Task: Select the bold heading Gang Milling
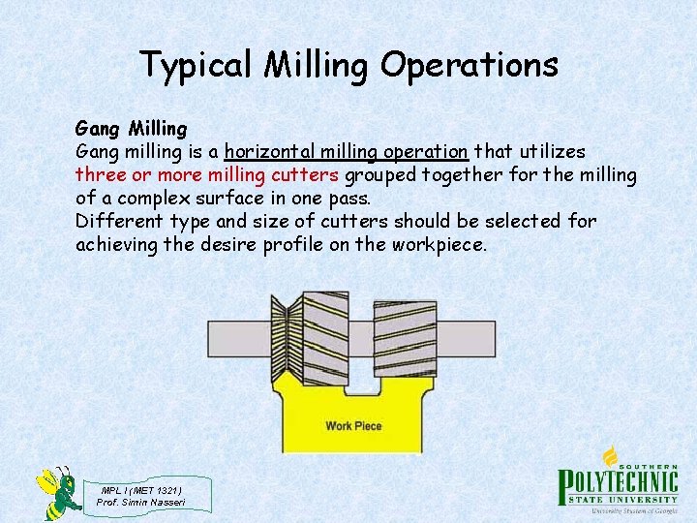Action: click(131, 128)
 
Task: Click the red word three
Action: click(100, 175)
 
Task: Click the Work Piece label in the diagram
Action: click(353, 426)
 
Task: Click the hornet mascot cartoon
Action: click(58, 492)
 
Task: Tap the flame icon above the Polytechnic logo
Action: click(611, 456)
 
